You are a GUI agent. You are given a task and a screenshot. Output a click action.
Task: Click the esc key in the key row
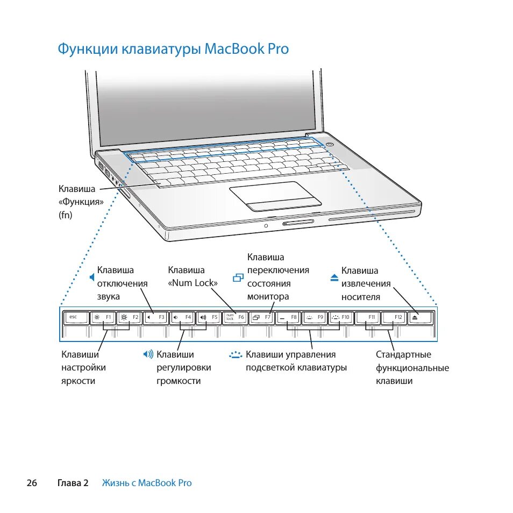click(75, 317)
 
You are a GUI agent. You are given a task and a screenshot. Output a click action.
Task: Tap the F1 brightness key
click(102, 317)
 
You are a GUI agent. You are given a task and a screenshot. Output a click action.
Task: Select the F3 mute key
click(156, 317)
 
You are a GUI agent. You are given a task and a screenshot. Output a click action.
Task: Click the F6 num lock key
click(235, 317)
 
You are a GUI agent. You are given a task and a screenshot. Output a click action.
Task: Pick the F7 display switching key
click(261, 317)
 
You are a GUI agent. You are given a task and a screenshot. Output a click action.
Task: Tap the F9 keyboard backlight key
click(314, 317)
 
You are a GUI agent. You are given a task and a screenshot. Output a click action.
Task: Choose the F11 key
click(369, 317)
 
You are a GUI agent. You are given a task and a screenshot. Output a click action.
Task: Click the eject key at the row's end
click(420, 317)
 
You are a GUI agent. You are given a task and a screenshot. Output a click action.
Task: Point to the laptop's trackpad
click(275, 194)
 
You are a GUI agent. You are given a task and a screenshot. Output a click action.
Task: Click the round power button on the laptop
click(330, 144)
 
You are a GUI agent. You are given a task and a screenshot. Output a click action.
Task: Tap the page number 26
click(32, 483)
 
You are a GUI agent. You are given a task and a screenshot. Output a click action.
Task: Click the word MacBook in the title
click(235, 49)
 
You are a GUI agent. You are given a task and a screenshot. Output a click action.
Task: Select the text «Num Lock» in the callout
click(193, 283)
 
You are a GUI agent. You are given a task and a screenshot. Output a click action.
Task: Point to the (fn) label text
click(65, 215)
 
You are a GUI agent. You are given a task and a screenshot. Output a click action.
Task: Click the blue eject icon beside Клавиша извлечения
click(334, 277)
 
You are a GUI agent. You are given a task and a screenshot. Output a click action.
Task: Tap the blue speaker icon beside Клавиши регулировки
click(148, 354)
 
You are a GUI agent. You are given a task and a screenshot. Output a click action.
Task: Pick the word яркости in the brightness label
click(78, 381)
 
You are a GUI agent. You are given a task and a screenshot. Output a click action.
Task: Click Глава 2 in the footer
click(73, 483)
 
